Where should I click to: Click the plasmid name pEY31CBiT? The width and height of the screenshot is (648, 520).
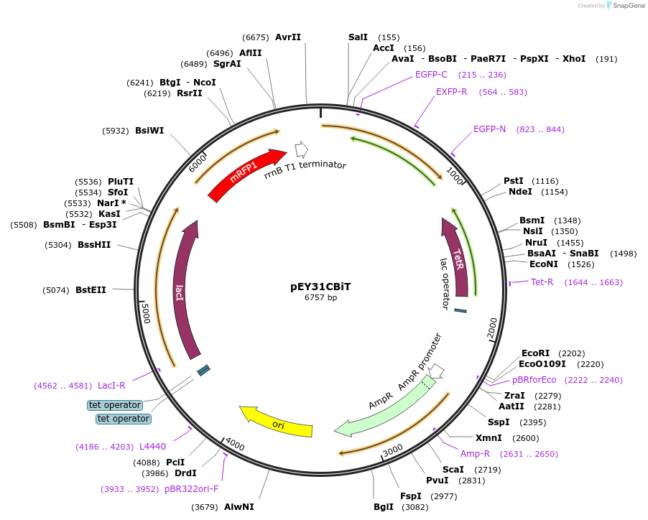(x=320, y=286)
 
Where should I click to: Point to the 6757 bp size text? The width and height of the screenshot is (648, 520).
(x=320, y=297)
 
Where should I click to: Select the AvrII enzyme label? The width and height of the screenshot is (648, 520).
(x=288, y=37)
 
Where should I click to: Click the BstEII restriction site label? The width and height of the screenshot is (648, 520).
(x=91, y=290)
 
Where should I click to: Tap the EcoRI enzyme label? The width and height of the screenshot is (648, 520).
(x=535, y=353)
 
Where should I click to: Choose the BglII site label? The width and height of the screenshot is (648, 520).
(x=384, y=507)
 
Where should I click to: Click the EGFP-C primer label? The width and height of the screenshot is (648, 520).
(x=431, y=74)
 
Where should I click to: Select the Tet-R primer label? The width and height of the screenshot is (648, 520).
(x=542, y=282)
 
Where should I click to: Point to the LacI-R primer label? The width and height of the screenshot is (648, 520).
(x=111, y=386)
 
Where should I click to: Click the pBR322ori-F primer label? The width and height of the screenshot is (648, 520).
(x=191, y=489)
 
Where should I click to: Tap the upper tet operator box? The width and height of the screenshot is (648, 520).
(x=115, y=405)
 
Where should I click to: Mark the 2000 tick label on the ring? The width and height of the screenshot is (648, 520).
(x=492, y=327)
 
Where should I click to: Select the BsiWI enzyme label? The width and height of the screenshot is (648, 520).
(x=149, y=131)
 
